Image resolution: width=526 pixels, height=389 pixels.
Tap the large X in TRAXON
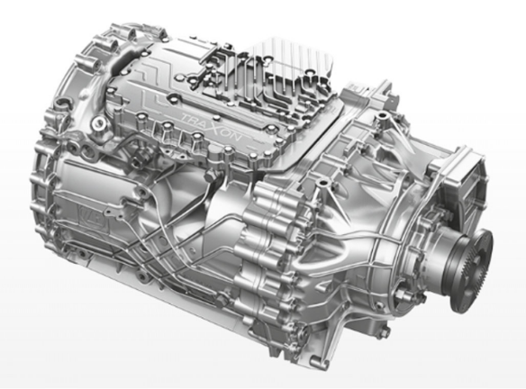(x=218, y=130)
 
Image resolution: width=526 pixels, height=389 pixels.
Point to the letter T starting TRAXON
(x=186, y=117)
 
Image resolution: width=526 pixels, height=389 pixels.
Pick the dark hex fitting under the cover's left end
(x=138, y=161)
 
